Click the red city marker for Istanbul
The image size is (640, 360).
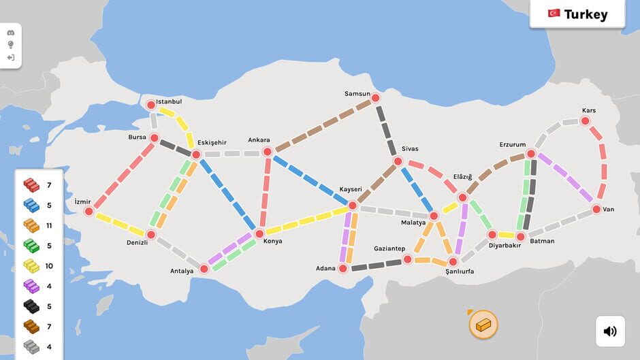click(151, 105)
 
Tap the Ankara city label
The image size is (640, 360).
click(259, 140)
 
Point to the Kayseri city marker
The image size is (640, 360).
click(353, 205)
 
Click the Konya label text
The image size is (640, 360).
click(272, 241)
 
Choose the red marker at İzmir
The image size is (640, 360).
click(89, 212)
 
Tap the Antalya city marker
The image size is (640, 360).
click(204, 268)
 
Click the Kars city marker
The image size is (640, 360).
click(585, 121)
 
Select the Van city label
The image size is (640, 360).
click(608, 209)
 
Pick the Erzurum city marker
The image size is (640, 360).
click(530, 154)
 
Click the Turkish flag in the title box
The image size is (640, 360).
click(554, 14)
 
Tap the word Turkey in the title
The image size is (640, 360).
click(586, 14)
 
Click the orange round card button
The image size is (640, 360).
click(483, 325)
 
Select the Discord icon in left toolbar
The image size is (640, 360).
click(11, 33)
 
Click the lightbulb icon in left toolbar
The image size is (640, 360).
click(11, 45)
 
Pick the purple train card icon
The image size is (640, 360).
click(31, 287)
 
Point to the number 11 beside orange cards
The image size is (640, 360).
click(48, 225)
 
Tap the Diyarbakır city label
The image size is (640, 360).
click(505, 245)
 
